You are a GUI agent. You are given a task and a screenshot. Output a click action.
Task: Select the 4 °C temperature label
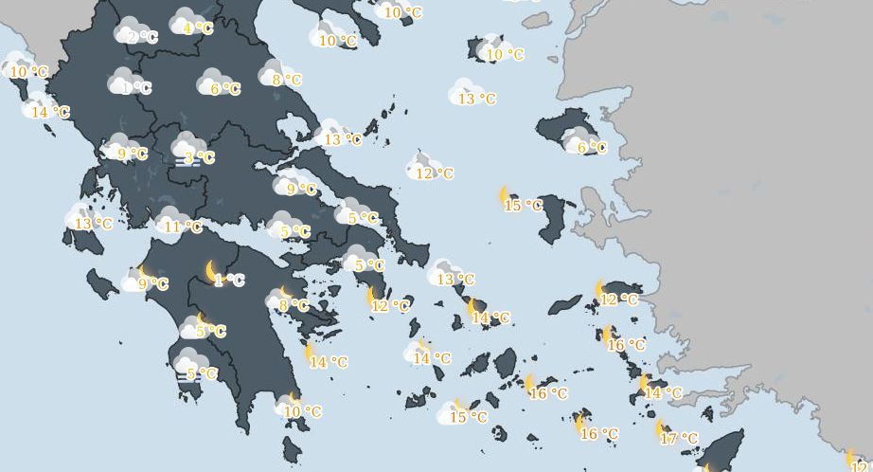click(x=199, y=28)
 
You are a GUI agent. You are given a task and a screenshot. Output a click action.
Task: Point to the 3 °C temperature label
click(x=200, y=158)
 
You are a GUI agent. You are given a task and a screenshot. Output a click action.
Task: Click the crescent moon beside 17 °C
click(x=661, y=429)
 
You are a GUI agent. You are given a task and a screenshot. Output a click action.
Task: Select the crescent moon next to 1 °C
click(x=213, y=271)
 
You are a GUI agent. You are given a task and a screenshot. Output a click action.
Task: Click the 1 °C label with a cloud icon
click(x=137, y=88)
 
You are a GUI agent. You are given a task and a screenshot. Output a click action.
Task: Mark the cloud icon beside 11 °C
click(x=169, y=219)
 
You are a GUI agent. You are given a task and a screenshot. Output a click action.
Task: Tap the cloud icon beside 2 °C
click(x=128, y=30)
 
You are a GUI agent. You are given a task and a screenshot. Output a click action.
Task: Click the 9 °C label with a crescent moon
click(x=154, y=283)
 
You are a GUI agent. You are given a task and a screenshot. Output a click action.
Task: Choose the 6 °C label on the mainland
click(x=225, y=89)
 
